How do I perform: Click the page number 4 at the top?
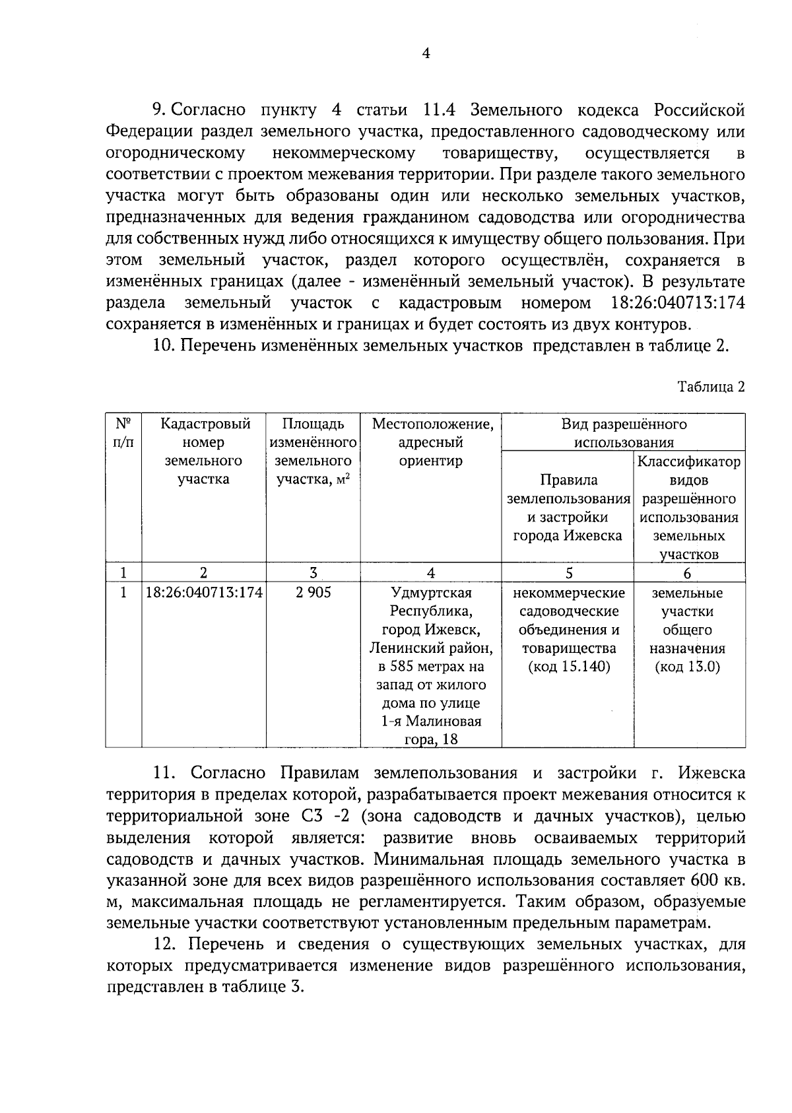point(426,55)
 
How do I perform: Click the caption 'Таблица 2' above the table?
point(711,388)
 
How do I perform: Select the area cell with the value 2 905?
point(313,593)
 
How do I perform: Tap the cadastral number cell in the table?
point(204,593)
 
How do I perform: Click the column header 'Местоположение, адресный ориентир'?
point(432,442)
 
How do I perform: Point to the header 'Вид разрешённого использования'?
point(624,433)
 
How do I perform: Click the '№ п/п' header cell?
point(123,433)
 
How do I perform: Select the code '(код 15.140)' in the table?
point(568,667)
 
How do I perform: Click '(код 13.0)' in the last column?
point(687,667)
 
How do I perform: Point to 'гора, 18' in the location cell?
point(431,739)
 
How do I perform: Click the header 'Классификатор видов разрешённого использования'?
point(688,507)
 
